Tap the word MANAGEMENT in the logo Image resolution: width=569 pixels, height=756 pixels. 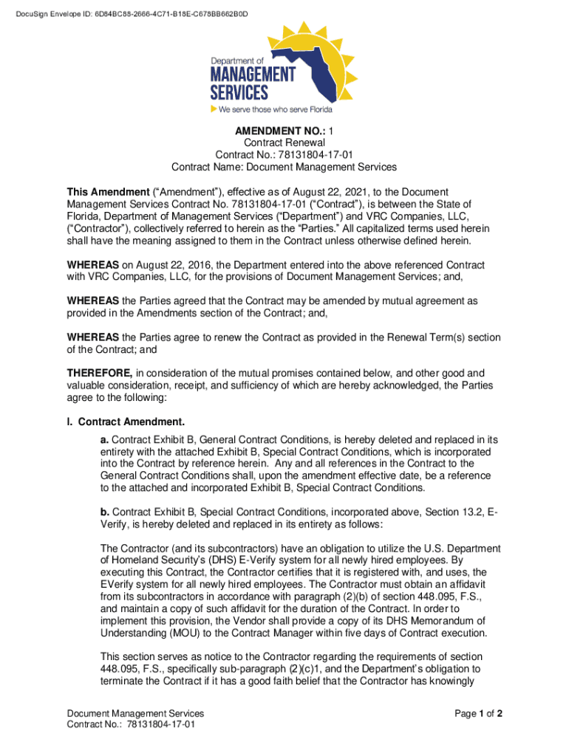click(x=253, y=75)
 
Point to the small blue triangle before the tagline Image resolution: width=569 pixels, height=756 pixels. click(x=214, y=109)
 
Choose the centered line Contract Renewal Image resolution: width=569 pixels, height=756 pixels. click(x=284, y=142)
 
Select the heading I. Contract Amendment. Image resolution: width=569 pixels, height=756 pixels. click(x=126, y=422)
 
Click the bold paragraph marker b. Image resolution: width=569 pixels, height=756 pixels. click(x=104, y=511)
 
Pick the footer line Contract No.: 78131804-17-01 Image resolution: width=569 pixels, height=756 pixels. click(x=131, y=725)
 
